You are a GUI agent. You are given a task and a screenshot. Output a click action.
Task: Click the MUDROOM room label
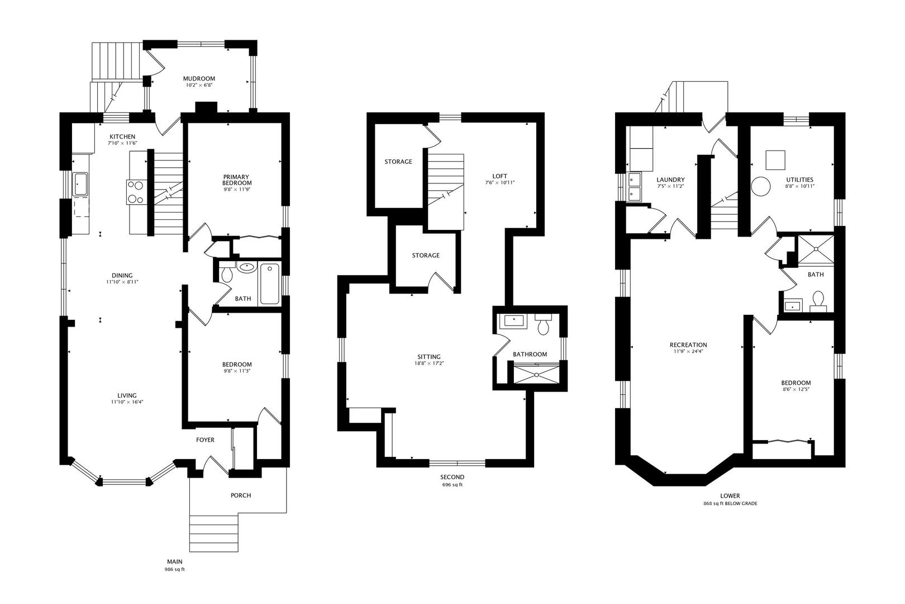click(199, 78)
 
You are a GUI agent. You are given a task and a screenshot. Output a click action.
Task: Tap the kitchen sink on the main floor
click(80, 185)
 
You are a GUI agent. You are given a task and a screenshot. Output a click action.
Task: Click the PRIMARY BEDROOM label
click(237, 180)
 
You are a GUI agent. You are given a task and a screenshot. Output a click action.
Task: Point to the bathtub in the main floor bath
click(269, 284)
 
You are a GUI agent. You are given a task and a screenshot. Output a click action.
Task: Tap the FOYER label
click(205, 440)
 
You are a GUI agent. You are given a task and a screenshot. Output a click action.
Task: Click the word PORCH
click(241, 495)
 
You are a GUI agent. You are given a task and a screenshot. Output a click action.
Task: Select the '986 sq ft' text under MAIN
click(174, 569)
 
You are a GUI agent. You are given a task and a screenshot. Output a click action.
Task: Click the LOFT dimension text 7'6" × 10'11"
click(500, 182)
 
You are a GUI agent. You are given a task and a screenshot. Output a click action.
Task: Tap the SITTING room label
click(429, 357)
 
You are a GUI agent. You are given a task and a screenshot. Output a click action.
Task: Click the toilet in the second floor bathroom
click(543, 325)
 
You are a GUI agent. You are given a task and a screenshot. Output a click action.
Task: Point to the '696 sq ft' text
click(453, 485)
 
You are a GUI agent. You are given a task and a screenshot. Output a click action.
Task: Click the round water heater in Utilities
click(761, 187)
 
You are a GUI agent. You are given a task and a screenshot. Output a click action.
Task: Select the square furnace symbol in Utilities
click(775, 160)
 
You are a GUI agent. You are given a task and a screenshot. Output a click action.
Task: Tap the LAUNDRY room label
click(671, 180)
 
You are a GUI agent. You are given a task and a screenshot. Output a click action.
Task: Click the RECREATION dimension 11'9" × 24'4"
click(688, 352)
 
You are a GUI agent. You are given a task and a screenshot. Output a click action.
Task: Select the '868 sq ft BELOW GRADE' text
click(730, 504)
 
